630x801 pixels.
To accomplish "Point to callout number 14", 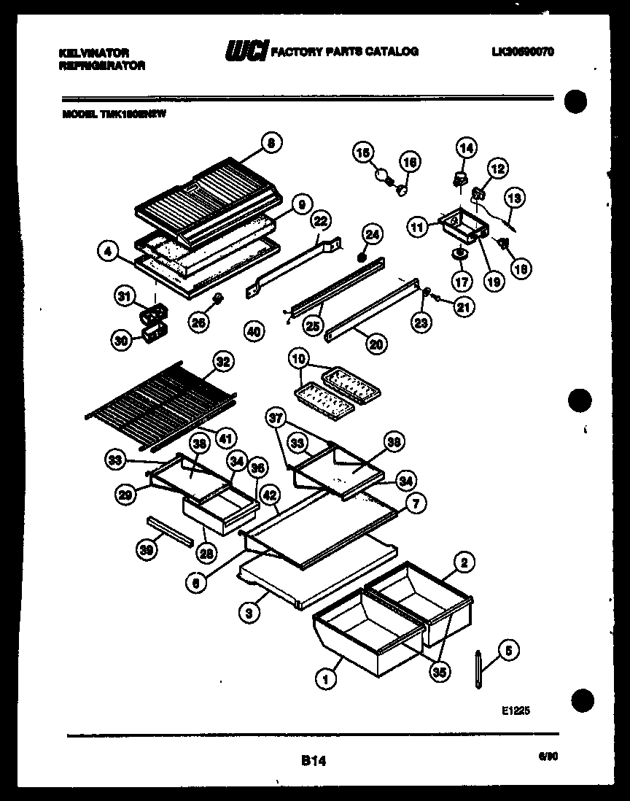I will click(466, 148).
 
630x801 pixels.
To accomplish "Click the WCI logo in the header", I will click(246, 52).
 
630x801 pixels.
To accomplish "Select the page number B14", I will click(314, 761).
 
